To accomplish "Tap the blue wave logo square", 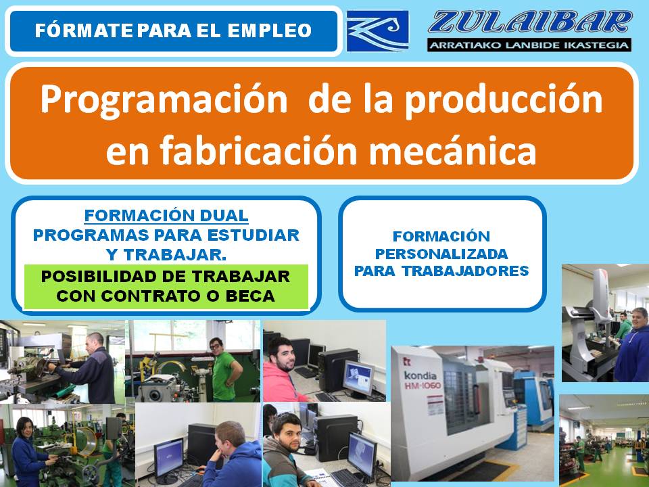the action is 377,31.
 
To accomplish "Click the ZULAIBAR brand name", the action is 530,22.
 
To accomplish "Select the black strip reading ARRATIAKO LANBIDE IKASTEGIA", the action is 529,45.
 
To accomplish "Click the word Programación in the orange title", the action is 164,99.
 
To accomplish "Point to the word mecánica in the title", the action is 452,151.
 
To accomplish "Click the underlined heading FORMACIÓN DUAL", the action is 166,216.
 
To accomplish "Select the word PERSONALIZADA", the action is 441,254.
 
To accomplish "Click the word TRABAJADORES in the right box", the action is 466,271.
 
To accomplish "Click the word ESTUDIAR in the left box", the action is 253,235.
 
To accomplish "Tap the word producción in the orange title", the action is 504,99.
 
